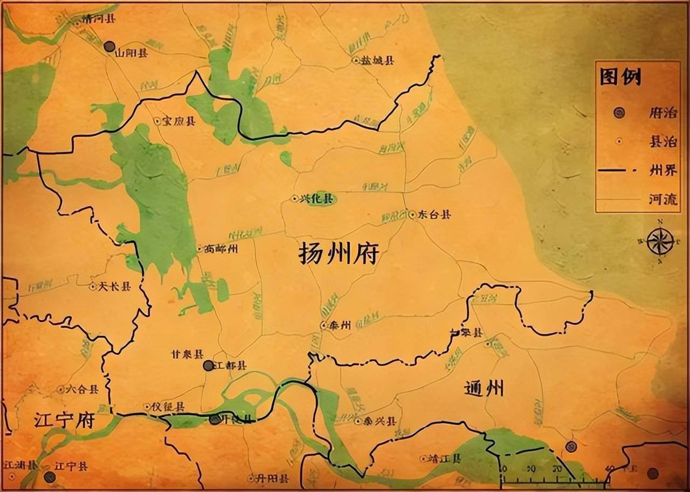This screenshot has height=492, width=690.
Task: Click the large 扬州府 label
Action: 339,254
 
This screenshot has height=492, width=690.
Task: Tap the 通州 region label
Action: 484,388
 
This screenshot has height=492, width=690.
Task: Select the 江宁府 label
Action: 64,419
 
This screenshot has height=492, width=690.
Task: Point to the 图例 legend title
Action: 621,77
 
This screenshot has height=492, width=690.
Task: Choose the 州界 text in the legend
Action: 663,171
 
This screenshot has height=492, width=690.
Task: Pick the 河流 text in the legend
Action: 663,200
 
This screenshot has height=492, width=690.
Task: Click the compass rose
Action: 660,241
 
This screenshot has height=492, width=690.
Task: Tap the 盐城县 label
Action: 377,61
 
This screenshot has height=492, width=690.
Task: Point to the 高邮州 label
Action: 220,249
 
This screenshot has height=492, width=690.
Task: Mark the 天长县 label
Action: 114,287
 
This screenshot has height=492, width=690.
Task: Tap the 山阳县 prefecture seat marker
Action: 109,46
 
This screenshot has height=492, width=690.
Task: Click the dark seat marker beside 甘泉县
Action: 208,366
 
